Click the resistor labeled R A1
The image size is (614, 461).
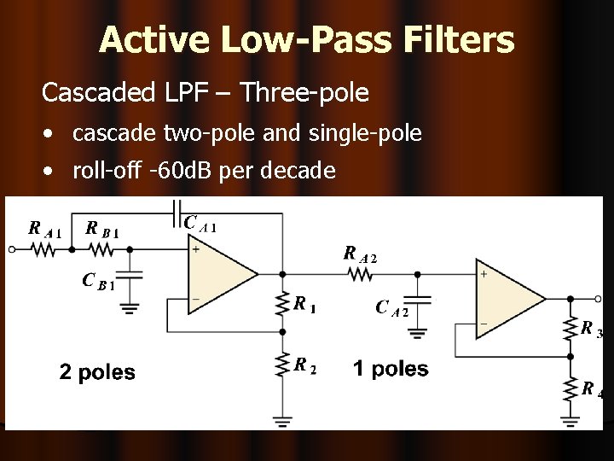43,250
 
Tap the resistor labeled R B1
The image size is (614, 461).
101,250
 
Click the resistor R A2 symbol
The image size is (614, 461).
360,274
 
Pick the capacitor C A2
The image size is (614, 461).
418,300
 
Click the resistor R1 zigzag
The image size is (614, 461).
282,303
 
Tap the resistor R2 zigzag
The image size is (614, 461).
282,365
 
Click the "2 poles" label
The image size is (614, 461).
96,371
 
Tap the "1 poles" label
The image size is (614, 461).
391,369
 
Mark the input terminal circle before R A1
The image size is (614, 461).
10,250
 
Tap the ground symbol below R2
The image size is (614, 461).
282,420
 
